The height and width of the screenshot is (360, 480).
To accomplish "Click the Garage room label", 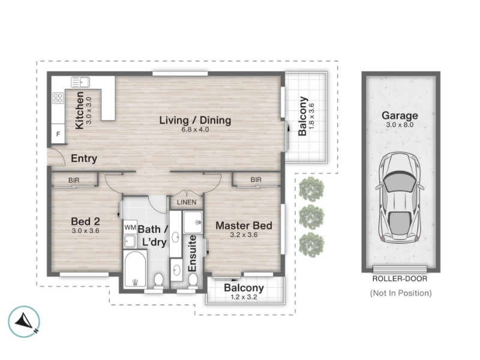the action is pyautogui.click(x=400, y=115).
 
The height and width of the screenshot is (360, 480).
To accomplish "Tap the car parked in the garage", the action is pyautogui.click(x=400, y=198).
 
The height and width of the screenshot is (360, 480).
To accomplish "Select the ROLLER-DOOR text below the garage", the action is pyautogui.click(x=400, y=278).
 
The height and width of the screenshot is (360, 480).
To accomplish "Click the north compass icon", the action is pyautogui.click(x=24, y=322).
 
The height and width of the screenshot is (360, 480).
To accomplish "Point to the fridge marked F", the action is pyautogui.click(x=58, y=133).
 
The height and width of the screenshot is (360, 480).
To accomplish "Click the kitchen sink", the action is pyautogui.click(x=80, y=82).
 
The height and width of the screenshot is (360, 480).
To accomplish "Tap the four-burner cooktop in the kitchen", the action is pyautogui.click(x=58, y=98).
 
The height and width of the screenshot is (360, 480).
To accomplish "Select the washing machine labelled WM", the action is pyautogui.click(x=130, y=227).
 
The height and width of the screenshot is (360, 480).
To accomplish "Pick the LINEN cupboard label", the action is pyautogui.click(x=187, y=202).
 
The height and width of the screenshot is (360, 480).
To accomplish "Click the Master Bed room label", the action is pyautogui.click(x=244, y=226).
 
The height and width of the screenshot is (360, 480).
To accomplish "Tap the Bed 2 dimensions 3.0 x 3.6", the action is pyautogui.click(x=85, y=230).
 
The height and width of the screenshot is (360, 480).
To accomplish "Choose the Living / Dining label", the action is pyautogui.click(x=195, y=120).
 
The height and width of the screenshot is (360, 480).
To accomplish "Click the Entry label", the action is pyautogui.click(x=84, y=158).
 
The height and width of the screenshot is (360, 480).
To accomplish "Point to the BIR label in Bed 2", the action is pyautogui.click(x=74, y=180).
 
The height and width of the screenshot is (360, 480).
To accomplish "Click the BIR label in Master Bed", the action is pyautogui.click(x=256, y=179).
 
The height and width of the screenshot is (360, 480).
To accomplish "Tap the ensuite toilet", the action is pyautogui.click(x=193, y=280).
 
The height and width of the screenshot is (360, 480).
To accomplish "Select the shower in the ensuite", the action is pyautogui.click(x=193, y=222).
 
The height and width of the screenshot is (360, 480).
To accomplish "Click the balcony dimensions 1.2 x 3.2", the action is pyautogui.click(x=244, y=297).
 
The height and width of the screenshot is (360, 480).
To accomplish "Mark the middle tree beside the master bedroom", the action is pyautogui.click(x=311, y=217).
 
